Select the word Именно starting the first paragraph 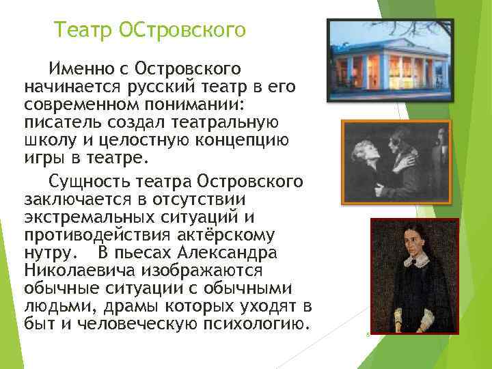[79, 69]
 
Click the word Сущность [89, 182]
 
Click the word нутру [46, 252]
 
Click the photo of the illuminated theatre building [389, 60]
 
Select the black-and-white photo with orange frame [396, 162]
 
